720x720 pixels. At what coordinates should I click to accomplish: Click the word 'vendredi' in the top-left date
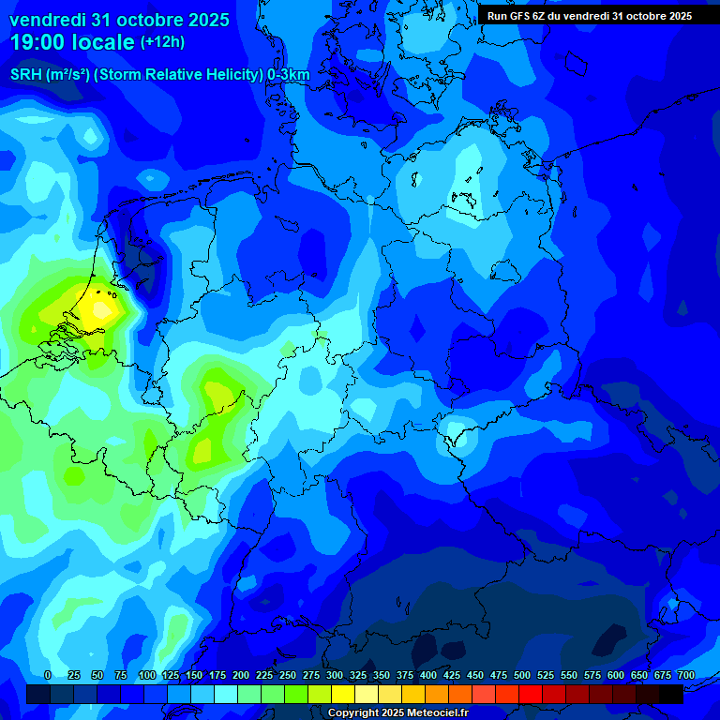coord(48,20)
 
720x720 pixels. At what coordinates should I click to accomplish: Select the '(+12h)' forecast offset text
coord(162,42)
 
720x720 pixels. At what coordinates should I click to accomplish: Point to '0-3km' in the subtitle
coord(288,74)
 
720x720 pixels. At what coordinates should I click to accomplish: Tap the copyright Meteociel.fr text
coord(398,713)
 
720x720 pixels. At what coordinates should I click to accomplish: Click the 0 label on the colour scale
coord(48,675)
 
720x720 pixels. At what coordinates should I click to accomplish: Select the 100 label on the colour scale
coord(147,675)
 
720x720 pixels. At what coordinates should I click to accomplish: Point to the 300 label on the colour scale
coord(335,675)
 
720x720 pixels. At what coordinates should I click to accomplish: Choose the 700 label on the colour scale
coord(685,675)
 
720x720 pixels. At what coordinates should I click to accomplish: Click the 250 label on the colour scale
coord(288,675)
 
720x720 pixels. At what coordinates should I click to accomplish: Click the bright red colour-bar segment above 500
coord(531,694)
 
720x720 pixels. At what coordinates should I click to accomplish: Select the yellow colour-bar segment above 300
coord(343,694)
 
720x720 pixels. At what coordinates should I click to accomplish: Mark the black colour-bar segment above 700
coord(671,694)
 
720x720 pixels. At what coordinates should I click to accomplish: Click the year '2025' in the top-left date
coord(203,20)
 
